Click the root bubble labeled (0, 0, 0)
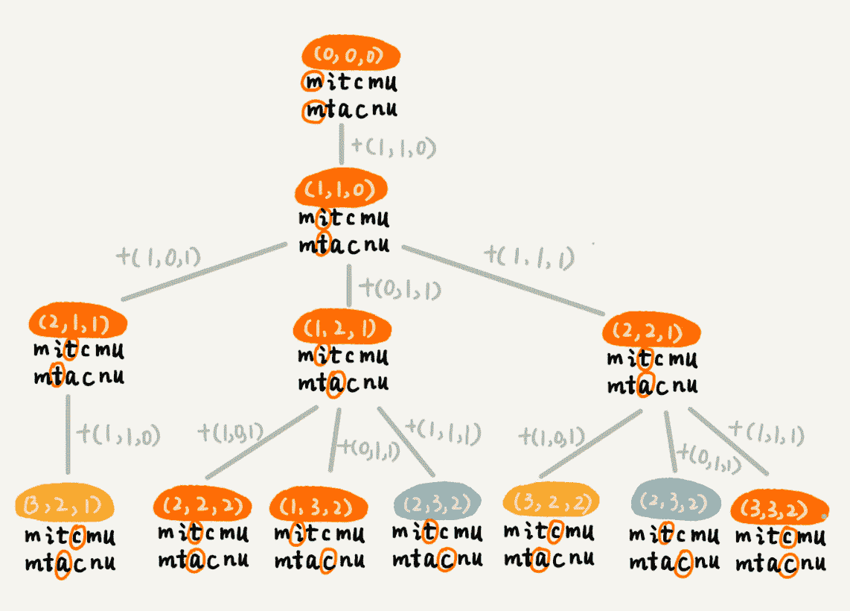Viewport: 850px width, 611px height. tap(351, 55)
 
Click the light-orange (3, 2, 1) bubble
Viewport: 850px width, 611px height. tap(65, 507)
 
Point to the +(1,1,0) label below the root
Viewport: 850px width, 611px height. tap(392, 147)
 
